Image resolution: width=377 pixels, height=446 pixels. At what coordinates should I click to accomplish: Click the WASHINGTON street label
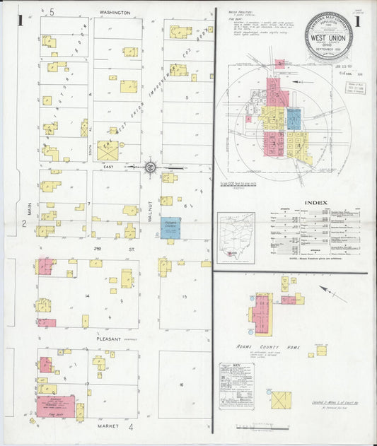[x=115, y=13]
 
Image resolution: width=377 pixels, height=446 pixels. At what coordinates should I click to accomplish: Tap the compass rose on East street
[x=151, y=167]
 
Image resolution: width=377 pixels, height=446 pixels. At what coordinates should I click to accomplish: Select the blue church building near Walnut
[x=170, y=228]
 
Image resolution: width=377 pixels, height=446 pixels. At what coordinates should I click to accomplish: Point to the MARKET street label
[x=109, y=426]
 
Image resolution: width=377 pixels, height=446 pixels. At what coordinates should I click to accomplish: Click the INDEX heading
[x=315, y=202]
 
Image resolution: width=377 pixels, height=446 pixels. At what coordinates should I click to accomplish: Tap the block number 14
[x=87, y=295]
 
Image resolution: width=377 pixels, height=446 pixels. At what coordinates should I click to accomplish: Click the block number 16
[x=181, y=385]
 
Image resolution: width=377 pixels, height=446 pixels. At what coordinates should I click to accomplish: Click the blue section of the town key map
[x=294, y=119]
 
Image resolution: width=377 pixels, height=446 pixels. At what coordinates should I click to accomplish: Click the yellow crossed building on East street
[x=108, y=151]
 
